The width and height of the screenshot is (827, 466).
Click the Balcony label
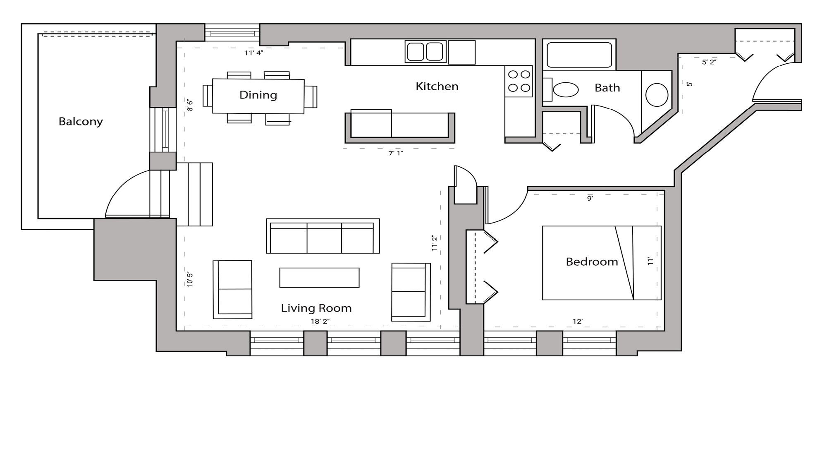(81, 122)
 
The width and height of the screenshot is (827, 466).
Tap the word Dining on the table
(258, 95)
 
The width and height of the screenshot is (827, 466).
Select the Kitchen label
(437, 86)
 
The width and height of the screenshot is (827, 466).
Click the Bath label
(607, 88)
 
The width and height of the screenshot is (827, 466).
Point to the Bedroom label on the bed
(591, 262)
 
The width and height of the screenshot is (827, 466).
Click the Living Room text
(316, 308)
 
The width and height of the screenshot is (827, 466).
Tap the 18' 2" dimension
(320, 322)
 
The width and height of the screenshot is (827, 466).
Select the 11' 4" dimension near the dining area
(253, 53)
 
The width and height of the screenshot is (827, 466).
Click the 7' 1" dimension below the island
(396, 154)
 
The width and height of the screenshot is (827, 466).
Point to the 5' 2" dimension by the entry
(709, 62)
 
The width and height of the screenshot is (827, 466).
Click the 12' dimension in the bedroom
(577, 322)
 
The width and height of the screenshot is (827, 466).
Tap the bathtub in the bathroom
(579, 55)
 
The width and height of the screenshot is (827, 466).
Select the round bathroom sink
(657, 95)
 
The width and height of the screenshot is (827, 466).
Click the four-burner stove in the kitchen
(519, 81)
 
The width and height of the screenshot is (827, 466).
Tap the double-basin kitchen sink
(425, 52)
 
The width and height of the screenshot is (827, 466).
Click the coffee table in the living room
(319, 278)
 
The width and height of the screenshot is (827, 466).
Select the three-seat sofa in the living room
(323, 236)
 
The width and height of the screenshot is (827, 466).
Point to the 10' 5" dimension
(190, 280)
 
